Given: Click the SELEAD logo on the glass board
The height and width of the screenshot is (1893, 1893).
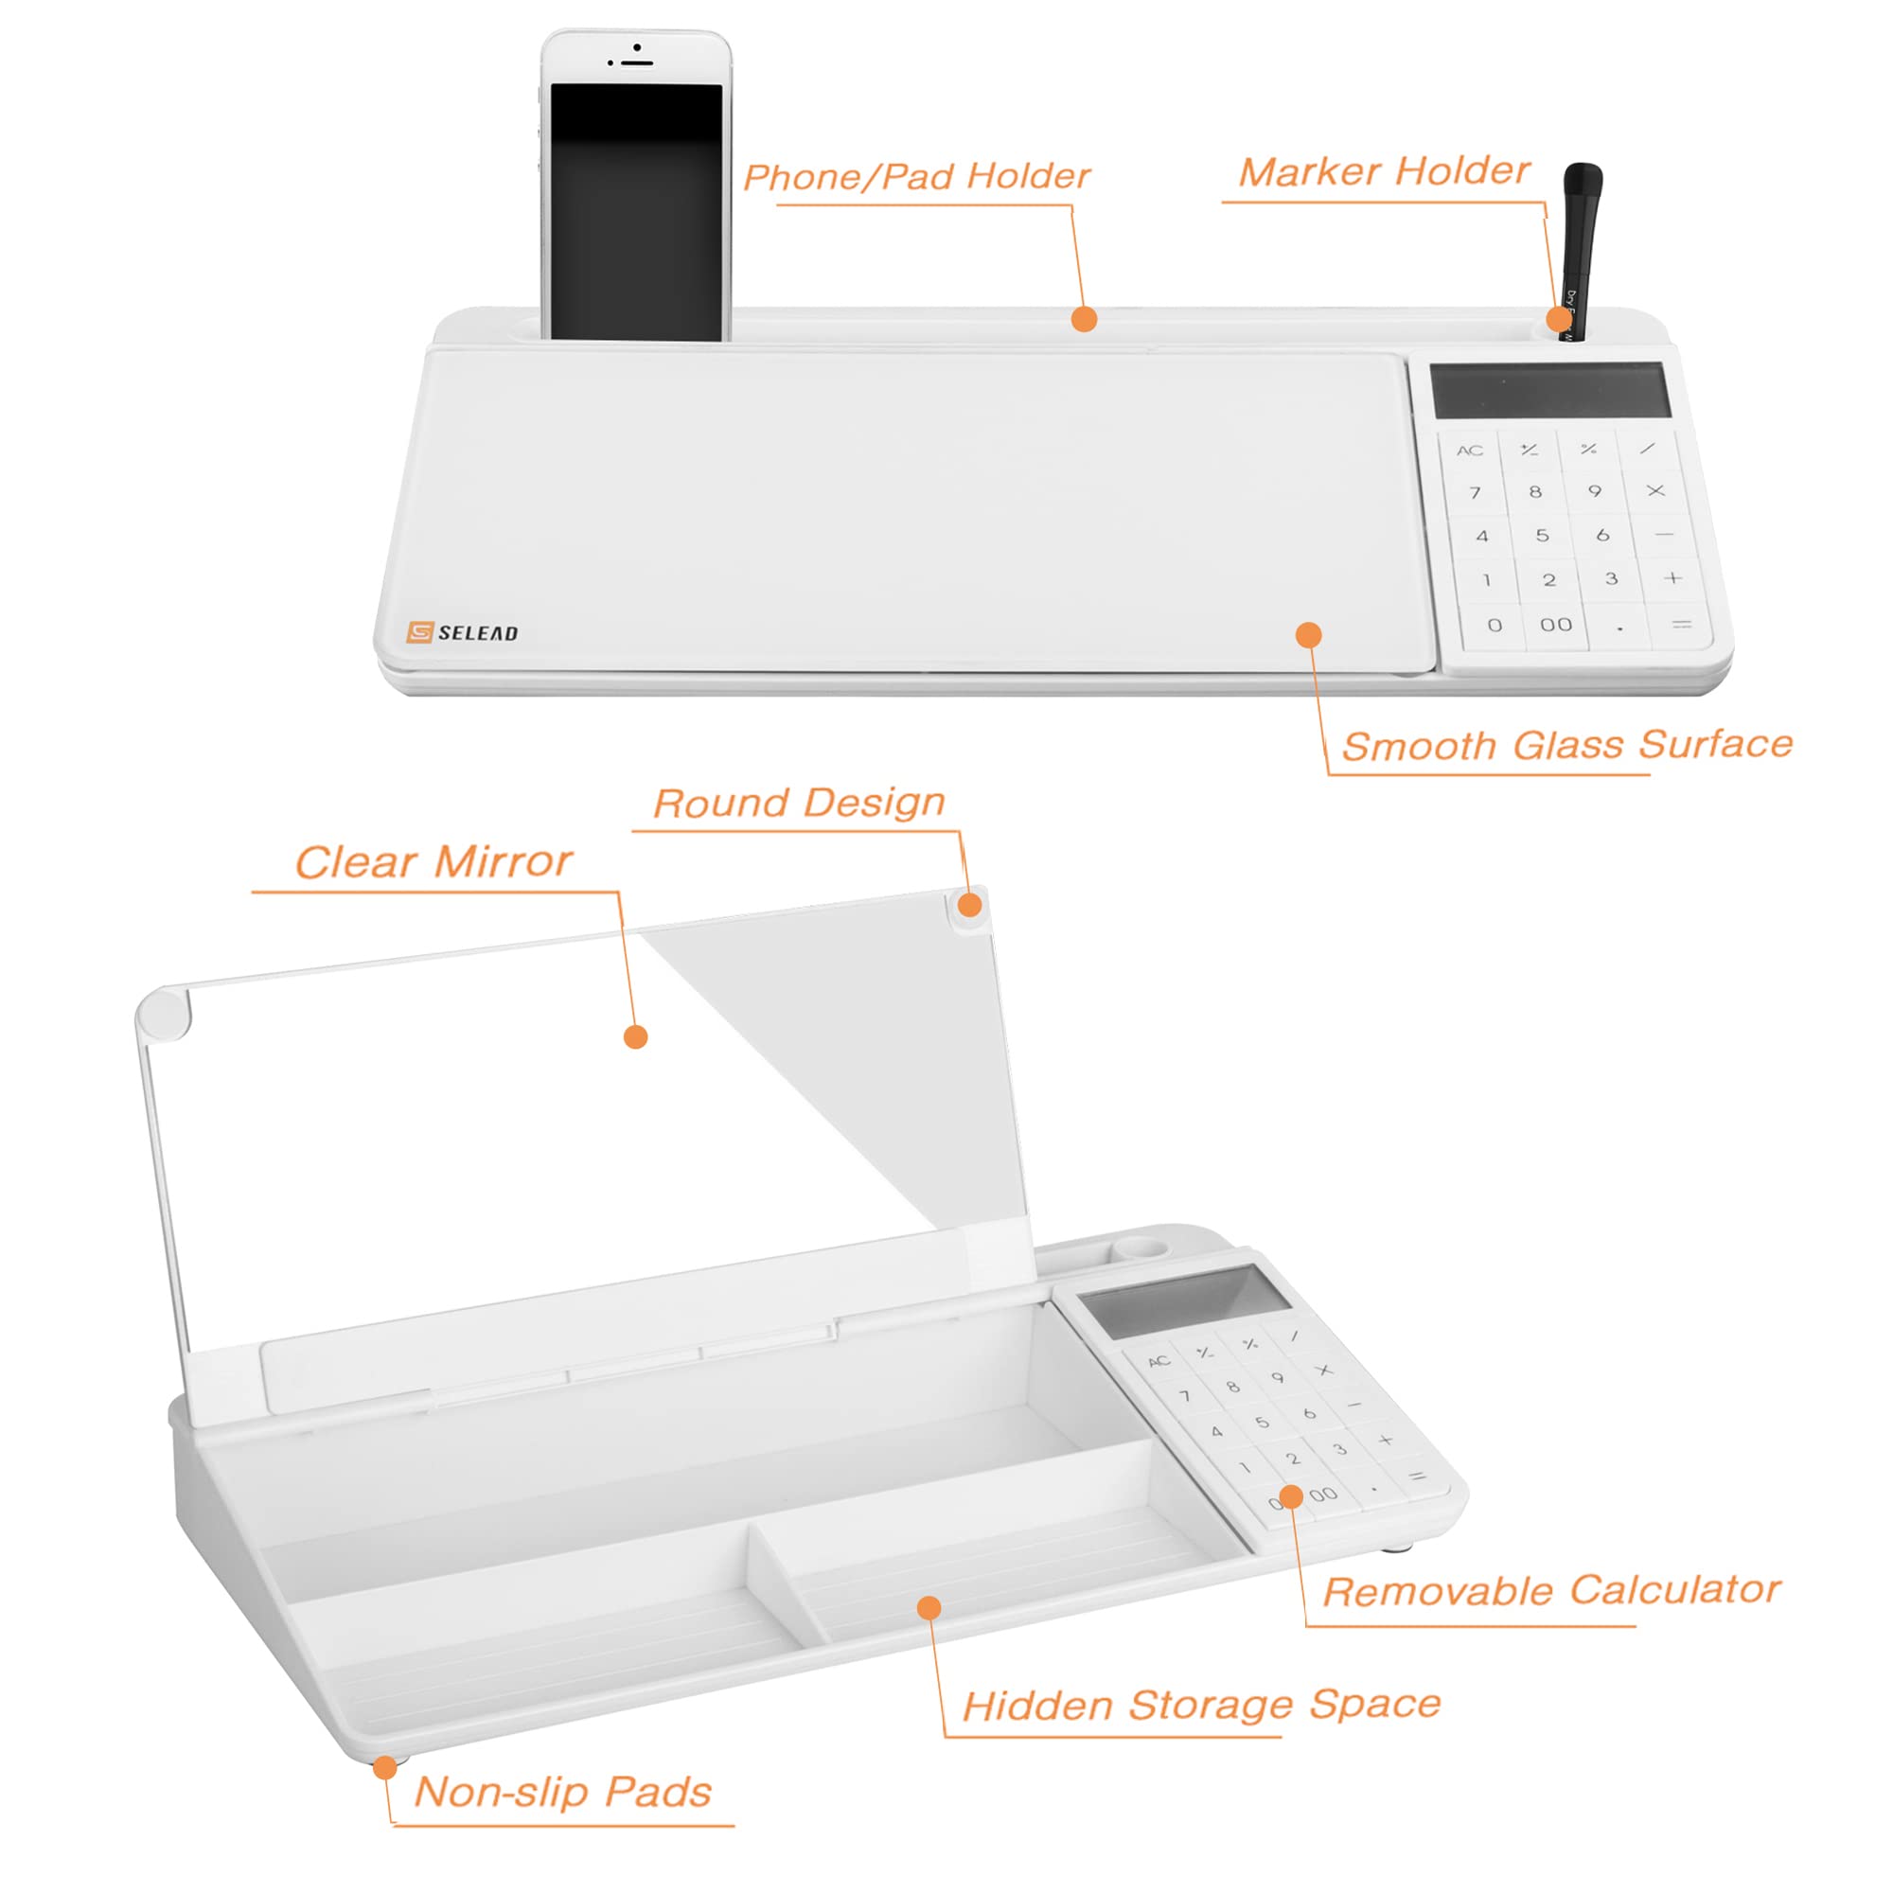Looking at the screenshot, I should pyautogui.click(x=463, y=632).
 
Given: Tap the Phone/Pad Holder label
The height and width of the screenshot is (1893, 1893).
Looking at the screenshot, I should pyautogui.click(x=916, y=176).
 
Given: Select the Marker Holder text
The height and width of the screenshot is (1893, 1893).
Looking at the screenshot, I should pyautogui.click(x=1384, y=171).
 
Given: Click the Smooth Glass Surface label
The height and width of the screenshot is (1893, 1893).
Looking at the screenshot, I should pyautogui.click(x=1566, y=745).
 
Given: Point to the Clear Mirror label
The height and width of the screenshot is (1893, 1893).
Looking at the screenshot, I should pyautogui.click(x=433, y=862).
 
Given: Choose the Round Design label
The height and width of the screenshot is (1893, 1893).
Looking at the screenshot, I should pyautogui.click(x=799, y=803).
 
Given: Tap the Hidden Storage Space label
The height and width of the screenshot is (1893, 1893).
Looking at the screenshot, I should pyautogui.click(x=1201, y=1705).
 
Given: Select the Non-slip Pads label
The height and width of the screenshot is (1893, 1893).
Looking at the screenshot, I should pyautogui.click(x=562, y=1792).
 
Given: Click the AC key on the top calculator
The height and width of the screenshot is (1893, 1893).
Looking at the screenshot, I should pyautogui.click(x=1469, y=451).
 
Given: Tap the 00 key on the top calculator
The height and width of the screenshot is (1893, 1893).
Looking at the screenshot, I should pyautogui.click(x=1556, y=624).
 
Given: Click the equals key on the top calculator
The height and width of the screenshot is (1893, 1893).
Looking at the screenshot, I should pyautogui.click(x=1681, y=624).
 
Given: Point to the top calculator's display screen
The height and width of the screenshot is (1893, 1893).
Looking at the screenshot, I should pyautogui.click(x=1550, y=390).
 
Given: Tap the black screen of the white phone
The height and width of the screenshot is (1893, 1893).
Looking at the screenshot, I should pyautogui.click(x=636, y=211).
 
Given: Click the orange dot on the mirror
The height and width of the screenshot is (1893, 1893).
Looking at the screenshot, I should pyautogui.click(x=636, y=1036).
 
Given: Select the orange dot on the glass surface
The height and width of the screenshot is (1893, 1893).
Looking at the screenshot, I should pyautogui.click(x=1308, y=635).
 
